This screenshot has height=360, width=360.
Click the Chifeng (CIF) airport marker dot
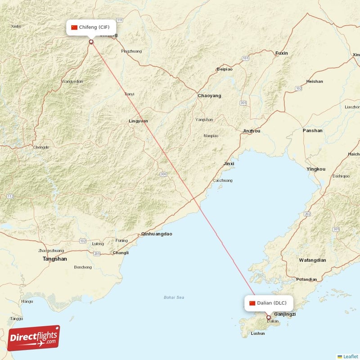[91, 42]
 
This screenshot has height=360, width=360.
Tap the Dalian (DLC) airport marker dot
[269, 317]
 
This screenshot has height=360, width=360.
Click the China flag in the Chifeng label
[74, 27]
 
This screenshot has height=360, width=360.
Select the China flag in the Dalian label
[252, 303]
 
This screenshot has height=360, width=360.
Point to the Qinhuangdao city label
[157, 234]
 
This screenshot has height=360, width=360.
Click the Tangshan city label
[54, 259]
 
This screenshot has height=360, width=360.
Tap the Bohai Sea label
[174, 297]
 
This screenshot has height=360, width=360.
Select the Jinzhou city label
[251, 131]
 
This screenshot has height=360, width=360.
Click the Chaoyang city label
[209, 96]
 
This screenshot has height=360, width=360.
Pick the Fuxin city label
[281, 53]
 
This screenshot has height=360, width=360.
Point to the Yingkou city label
[315, 169]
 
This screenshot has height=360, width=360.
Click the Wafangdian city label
[312, 260]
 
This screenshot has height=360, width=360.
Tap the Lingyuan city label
[138, 121]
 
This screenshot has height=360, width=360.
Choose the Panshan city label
[312, 130]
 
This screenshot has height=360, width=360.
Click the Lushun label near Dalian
[258, 333]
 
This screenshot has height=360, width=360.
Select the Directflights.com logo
[34, 338]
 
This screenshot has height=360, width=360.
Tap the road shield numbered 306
[163, 174]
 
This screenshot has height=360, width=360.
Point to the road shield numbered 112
[10, 197]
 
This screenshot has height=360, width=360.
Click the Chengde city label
[40, 147]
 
